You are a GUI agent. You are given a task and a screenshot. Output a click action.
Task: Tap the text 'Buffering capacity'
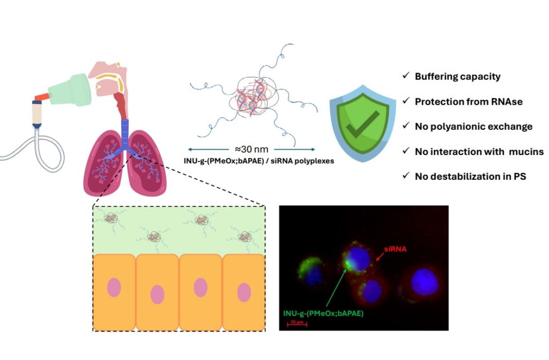click(457, 76)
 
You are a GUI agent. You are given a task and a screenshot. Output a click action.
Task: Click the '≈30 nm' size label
click(251, 149)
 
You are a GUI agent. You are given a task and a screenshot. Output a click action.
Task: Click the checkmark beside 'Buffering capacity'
click(405, 76)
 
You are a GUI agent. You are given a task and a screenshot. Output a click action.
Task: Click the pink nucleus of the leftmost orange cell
click(114, 288)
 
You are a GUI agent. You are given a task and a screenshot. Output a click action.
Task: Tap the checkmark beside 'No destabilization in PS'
click(405, 176)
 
